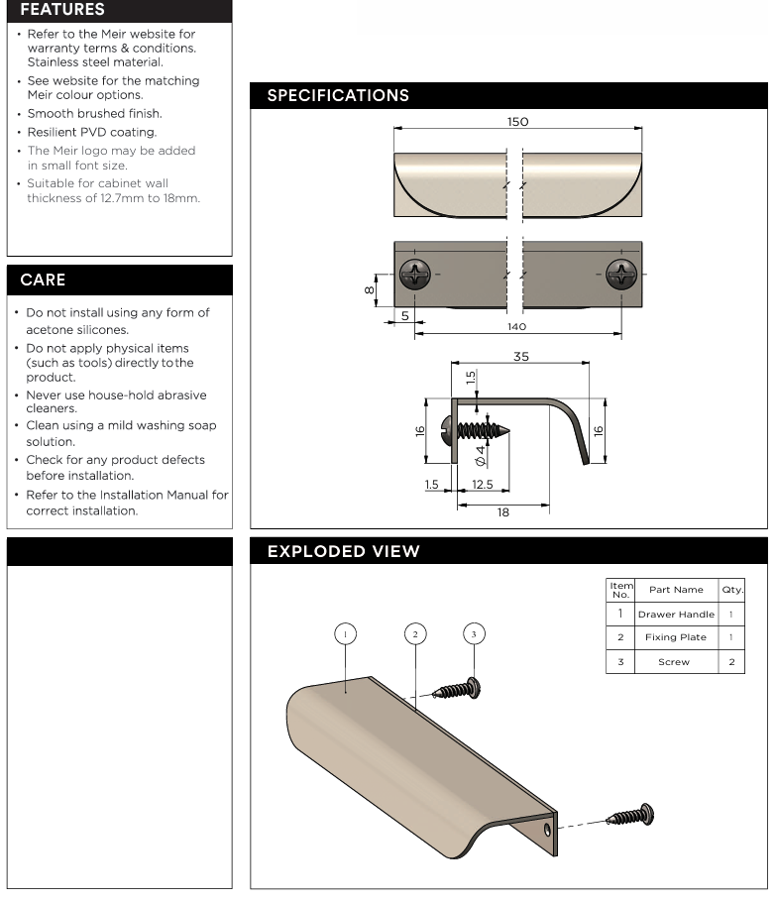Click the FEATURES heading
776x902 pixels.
coord(62,10)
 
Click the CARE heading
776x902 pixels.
coord(44,281)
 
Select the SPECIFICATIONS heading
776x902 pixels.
coord(338,96)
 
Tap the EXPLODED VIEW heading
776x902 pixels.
coord(343,552)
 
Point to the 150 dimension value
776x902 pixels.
coord(517,122)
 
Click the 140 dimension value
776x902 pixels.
coord(516,326)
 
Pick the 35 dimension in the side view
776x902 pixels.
coord(520,357)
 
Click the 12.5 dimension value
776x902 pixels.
coord(483,485)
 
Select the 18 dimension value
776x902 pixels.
coord(503,512)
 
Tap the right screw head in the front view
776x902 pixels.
coord(622,274)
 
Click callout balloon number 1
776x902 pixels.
coord(345,634)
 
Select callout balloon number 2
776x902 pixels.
coord(415,634)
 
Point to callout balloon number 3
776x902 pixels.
coord(474,634)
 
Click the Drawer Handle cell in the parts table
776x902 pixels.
coord(676,615)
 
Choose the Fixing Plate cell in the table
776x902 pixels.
coord(676,637)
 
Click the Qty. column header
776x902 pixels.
coord(732,590)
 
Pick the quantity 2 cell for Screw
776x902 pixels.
coord(731,661)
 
